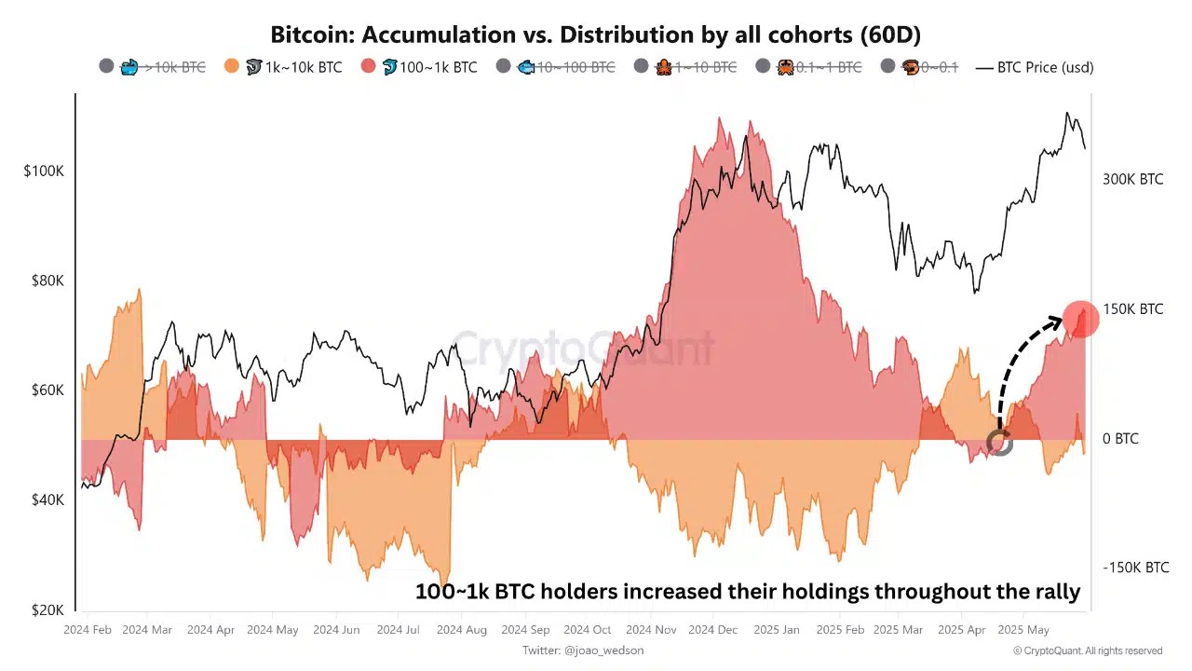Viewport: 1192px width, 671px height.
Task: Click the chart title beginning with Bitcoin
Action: (595, 34)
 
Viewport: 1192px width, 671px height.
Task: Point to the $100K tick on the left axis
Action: (44, 171)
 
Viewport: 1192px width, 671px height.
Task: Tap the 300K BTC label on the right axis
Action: (1132, 179)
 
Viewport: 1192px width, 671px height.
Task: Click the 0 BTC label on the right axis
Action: (1120, 438)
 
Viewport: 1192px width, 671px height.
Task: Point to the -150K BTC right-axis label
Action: (1135, 568)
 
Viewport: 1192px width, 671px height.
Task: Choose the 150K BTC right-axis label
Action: (1132, 308)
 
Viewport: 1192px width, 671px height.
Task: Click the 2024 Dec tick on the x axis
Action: (713, 630)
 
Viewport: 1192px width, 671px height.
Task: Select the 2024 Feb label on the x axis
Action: (88, 630)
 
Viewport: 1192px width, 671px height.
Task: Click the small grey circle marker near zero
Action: (999, 443)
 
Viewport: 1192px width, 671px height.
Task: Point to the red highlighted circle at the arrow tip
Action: (1080, 320)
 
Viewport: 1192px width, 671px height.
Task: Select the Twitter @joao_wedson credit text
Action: (583, 650)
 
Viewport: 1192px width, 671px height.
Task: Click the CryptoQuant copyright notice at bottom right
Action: (1088, 650)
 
